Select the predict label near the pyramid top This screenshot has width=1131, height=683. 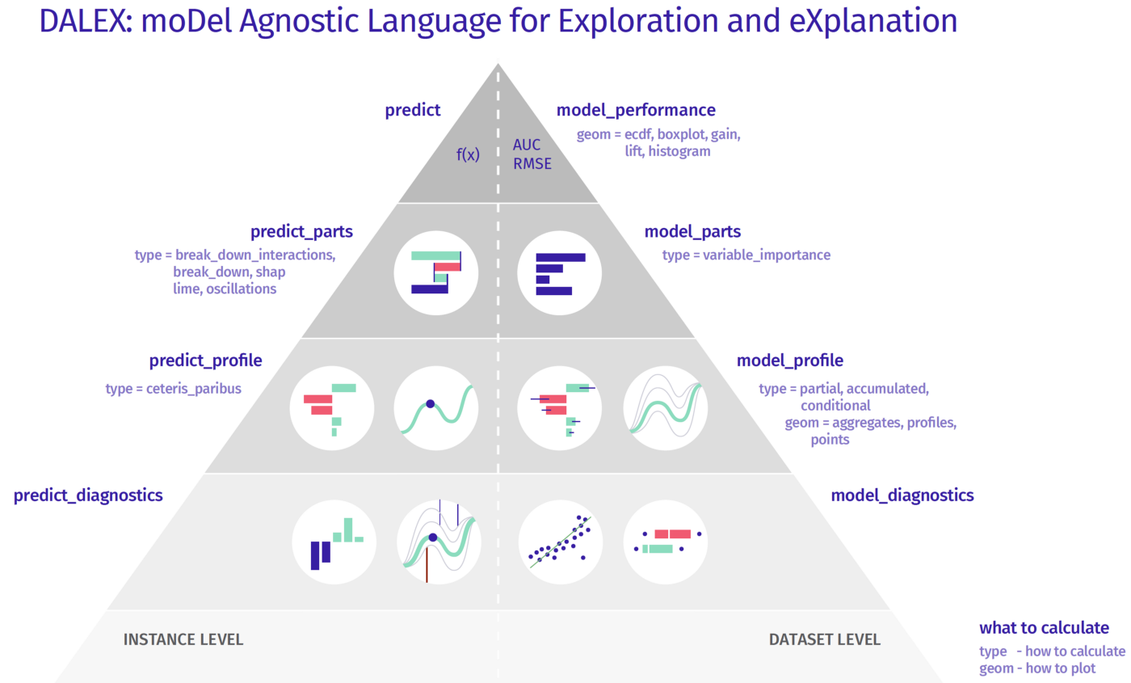pos(412,111)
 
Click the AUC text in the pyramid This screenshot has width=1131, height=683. pos(527,146)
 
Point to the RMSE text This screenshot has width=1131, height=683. pos(532,164)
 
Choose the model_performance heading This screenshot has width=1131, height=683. pos(637,111)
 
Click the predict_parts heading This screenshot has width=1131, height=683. pos(301,233)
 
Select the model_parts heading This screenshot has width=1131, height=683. pos(692,233)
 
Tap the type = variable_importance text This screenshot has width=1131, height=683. pos(746,255)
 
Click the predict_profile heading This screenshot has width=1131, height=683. pos(206,360)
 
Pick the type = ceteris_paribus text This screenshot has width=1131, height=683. pos(174,389)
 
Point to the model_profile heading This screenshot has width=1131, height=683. pos(790,360)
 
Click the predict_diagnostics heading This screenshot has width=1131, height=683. pos(88,495)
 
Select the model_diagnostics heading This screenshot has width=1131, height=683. pos(902,495)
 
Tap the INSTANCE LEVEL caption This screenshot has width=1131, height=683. pos(183,640)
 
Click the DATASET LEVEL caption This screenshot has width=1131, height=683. pos(825,640)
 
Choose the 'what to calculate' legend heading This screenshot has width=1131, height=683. pos(1044,628)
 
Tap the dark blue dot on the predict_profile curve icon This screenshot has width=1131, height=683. pos(431,403)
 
